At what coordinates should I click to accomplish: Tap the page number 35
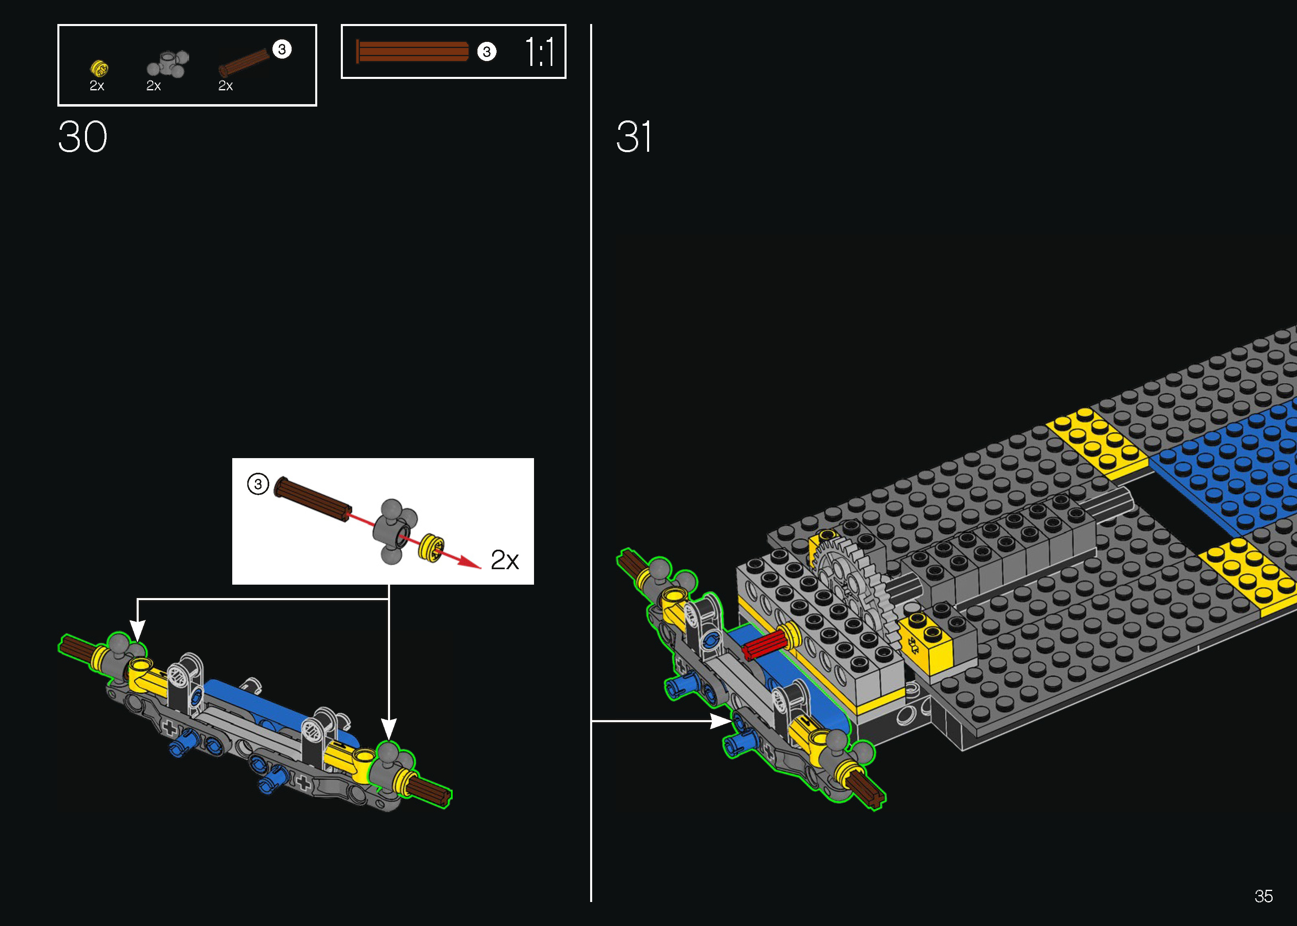(1263, 896)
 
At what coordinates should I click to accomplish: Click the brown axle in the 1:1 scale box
(412, 51)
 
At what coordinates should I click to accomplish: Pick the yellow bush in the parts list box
(99, 68)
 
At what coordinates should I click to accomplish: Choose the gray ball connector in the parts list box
(168, 63)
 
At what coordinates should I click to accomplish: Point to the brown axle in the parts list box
(244, 62)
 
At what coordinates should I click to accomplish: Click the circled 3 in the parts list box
(281, 49)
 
